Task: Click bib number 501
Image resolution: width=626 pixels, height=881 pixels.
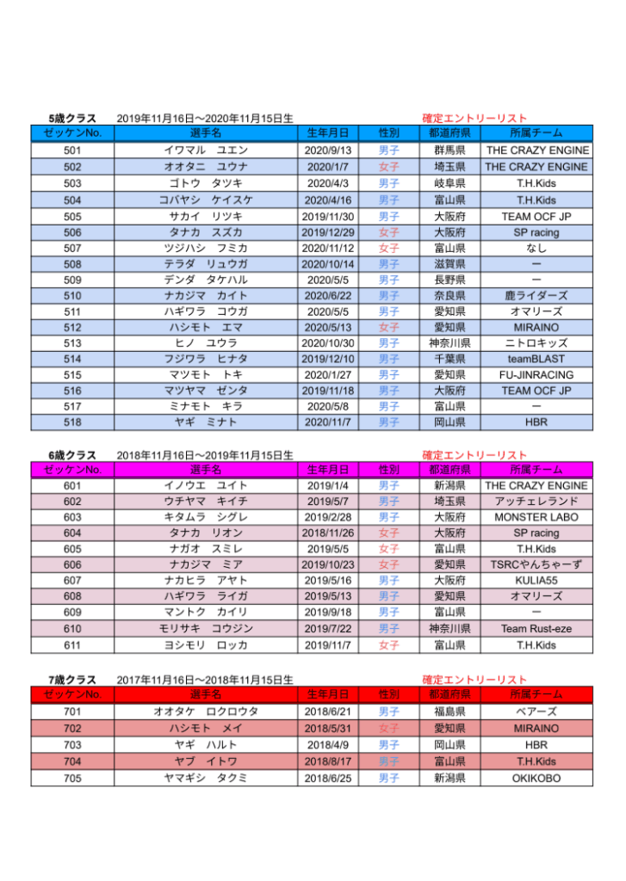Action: [72, 151]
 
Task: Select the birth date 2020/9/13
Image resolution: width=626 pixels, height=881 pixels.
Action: [328, 151]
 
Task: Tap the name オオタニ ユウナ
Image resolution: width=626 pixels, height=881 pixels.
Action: [206, 167]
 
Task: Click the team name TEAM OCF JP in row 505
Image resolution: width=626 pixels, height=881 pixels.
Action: [536, 217]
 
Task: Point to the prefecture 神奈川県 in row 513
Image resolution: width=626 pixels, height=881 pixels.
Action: [449, 343]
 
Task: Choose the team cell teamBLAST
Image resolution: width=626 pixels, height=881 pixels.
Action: [536, 359]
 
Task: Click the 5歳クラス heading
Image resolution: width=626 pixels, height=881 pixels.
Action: [72, 119]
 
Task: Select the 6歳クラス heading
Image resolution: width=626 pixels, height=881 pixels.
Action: [72, 455]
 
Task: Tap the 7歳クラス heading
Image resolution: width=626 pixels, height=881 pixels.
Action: [72, 680]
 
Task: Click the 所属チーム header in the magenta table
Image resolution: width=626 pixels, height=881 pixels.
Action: [536, 470]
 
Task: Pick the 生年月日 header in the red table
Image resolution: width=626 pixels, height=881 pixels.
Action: [328, 694]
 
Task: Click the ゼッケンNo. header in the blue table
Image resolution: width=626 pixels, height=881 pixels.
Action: [72, 133]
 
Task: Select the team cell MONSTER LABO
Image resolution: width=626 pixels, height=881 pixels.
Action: [536, 518]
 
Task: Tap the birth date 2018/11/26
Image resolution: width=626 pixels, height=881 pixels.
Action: [328, 533]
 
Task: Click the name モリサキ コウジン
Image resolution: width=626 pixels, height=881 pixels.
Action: [206, 629]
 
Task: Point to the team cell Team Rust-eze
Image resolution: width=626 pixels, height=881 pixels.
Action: [536, 629]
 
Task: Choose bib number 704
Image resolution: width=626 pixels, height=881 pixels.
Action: [72, 761]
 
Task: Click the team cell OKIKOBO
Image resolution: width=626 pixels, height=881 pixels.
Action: [536, 778]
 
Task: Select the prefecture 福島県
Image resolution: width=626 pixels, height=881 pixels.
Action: [449, 712]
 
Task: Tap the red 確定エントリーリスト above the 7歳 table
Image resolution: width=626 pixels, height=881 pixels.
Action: [474, 680]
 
